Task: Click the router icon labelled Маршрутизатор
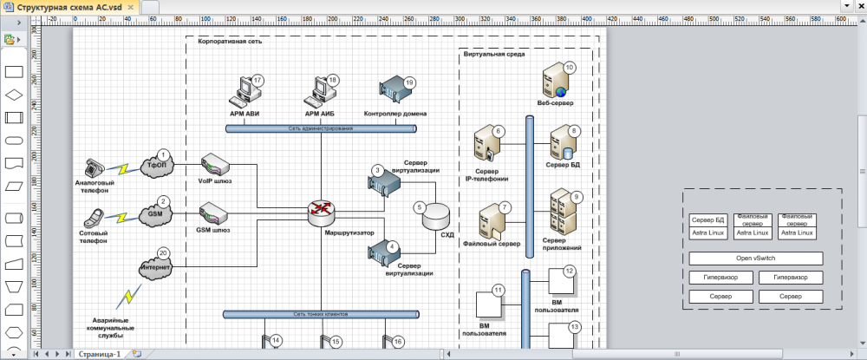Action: (322, 209)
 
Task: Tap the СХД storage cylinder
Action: (436, 217)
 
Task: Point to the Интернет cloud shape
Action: (157, 268)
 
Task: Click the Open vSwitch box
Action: (755, 259)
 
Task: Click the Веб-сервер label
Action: (555, 102)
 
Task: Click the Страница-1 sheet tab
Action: (99, 354)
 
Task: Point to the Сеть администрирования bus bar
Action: (321, 128)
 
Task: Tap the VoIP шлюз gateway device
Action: (214, 164)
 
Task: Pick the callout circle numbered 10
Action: (570, 67)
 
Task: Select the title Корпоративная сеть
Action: (230, 41)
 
